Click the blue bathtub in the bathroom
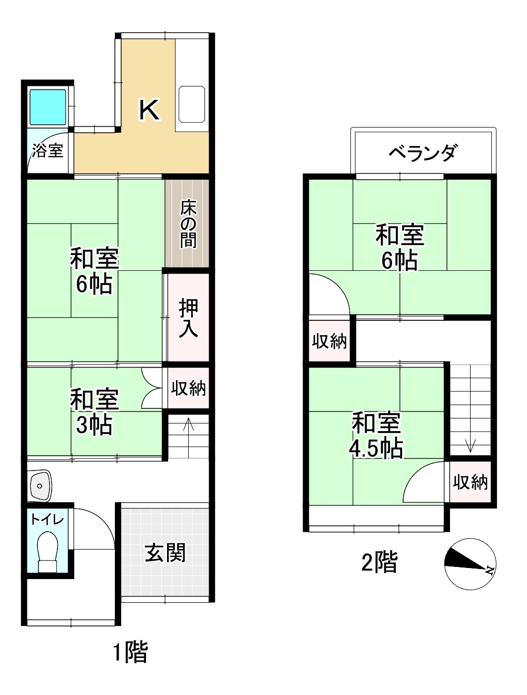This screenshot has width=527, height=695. pos(47,107)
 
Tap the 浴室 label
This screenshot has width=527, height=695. pos(47,151)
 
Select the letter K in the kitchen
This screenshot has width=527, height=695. pos(149,110)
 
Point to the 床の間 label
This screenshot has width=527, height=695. pos(188,224)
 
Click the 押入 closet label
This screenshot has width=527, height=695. pos(188,317)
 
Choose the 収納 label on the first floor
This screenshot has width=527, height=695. pos(188,388)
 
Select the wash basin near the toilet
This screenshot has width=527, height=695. pos(40,484)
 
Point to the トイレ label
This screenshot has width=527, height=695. pos(47,520)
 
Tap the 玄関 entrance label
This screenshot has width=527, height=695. pos(165,553)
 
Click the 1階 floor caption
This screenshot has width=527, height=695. pos(130,653)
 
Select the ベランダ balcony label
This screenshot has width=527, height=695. pos(423,152)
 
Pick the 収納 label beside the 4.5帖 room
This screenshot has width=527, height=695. pos(471,482)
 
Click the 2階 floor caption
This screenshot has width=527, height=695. pos(379,562)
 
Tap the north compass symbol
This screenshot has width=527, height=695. pos(470,564)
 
